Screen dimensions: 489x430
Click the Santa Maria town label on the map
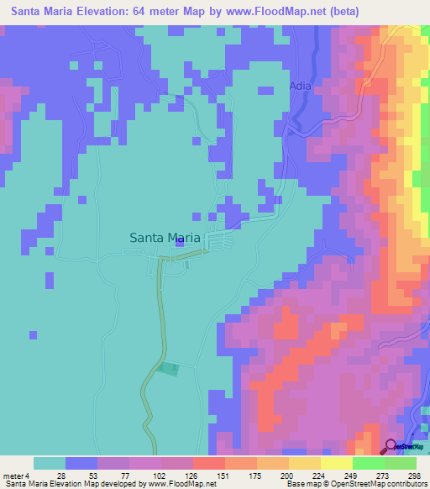point(165,238)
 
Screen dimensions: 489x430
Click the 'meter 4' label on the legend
point(12,476)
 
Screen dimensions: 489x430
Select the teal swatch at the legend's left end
point(50,463)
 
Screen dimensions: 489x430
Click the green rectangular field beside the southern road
point(169,368)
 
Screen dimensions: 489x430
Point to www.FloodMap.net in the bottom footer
point(178,484)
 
